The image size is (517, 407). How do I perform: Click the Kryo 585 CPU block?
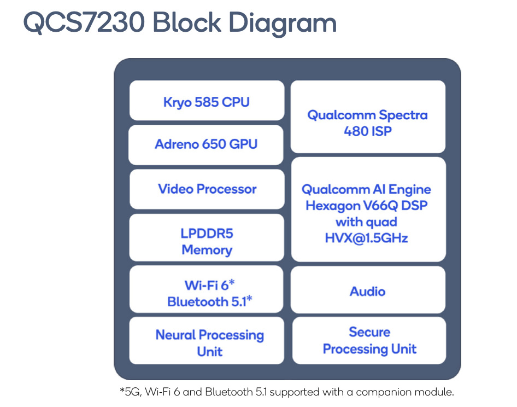click(x=207, y=101)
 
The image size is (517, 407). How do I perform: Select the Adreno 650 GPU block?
click(x=207, y=144)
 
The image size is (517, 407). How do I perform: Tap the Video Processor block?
click(x=207, y=189)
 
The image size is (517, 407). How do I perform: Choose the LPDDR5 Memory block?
click(x=207, y=241)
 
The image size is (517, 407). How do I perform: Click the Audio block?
click(x=368, y=291)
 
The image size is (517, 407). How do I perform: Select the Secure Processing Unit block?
click(x=369, y=340)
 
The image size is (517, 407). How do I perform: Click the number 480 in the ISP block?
click(x=355, y=131)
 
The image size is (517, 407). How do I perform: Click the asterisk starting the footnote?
click(x=122, y=391)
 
